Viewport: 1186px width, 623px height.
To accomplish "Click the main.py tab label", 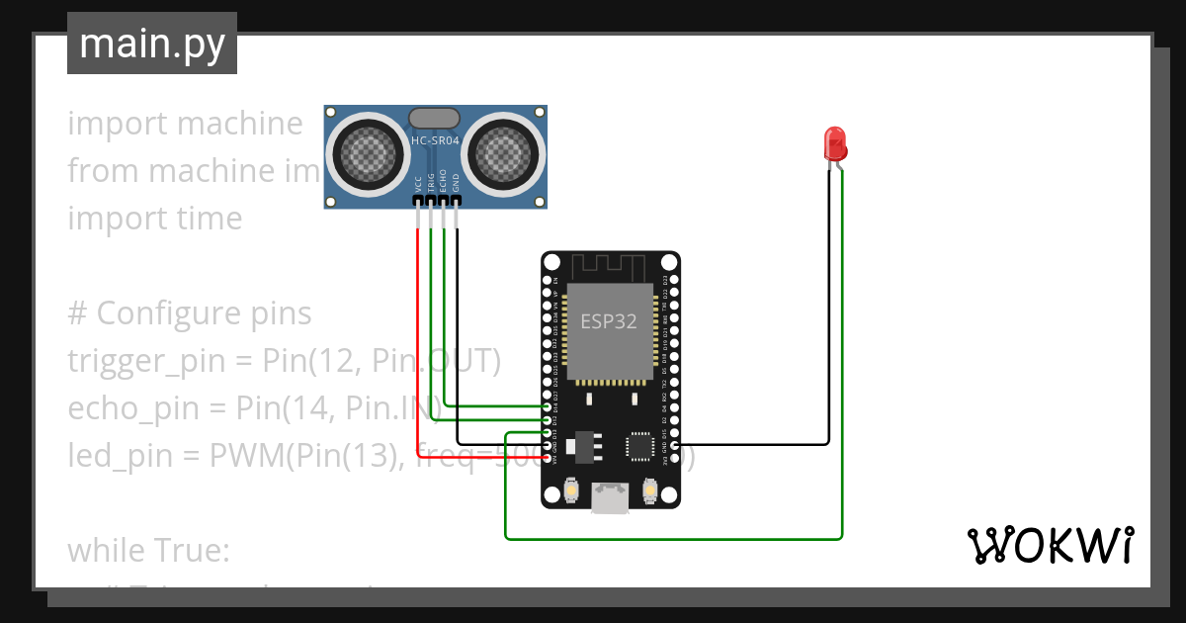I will [151, 44].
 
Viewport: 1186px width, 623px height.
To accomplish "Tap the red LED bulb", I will [835, 144].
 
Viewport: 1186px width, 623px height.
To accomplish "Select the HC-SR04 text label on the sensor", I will [435, 140].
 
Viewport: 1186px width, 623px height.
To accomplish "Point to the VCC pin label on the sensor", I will [419, 183].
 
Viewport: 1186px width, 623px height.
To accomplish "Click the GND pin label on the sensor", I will [456, 183].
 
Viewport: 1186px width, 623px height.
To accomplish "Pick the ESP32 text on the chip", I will [608, 321].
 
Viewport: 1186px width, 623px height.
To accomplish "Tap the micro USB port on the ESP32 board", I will [609, 497].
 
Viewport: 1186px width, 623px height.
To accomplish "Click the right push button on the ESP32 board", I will [649, 489].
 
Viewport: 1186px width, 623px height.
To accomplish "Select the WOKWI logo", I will [1050, 546].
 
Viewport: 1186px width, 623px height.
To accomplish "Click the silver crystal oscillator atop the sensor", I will [434, 117].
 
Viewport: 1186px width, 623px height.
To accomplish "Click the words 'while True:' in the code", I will [148, 550].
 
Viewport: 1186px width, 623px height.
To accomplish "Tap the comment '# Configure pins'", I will [190, 313].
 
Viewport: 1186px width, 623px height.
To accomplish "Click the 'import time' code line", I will [154, 219].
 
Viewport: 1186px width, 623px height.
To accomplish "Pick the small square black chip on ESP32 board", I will [641, 446].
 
